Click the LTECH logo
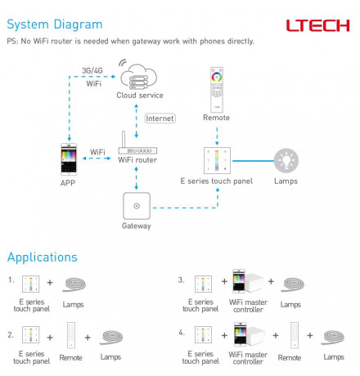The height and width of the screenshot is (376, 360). coord(317,25)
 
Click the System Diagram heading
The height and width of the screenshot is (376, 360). coord(55,25)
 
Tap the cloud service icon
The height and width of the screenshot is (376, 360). coord(138,75)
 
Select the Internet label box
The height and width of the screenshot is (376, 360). coord(160,119)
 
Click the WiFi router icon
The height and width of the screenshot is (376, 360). coord(137,143)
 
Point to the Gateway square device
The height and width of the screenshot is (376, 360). coord(137,206)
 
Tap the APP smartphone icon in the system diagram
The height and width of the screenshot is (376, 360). coord(69,159)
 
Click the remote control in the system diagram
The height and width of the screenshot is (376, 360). coord(217,90)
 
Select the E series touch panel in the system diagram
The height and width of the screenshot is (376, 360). coord(217,160)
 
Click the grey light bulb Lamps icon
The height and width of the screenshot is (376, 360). coord(286,160)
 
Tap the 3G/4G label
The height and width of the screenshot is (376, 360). coord(92,70)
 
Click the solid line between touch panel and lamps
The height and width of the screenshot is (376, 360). coord(253,161)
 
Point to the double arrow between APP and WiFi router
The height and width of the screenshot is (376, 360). coord(97,159)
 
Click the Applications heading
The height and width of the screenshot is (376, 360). coord(43,257)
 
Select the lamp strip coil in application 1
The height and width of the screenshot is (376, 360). coord(74,284)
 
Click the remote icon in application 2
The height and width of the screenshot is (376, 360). coord(71,335)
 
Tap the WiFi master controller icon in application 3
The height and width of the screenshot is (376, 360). coord(248,281)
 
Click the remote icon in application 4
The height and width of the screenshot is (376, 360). coord(295,335)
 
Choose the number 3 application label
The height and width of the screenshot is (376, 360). coord(182,280)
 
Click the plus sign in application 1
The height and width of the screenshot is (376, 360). coord(50,283)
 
